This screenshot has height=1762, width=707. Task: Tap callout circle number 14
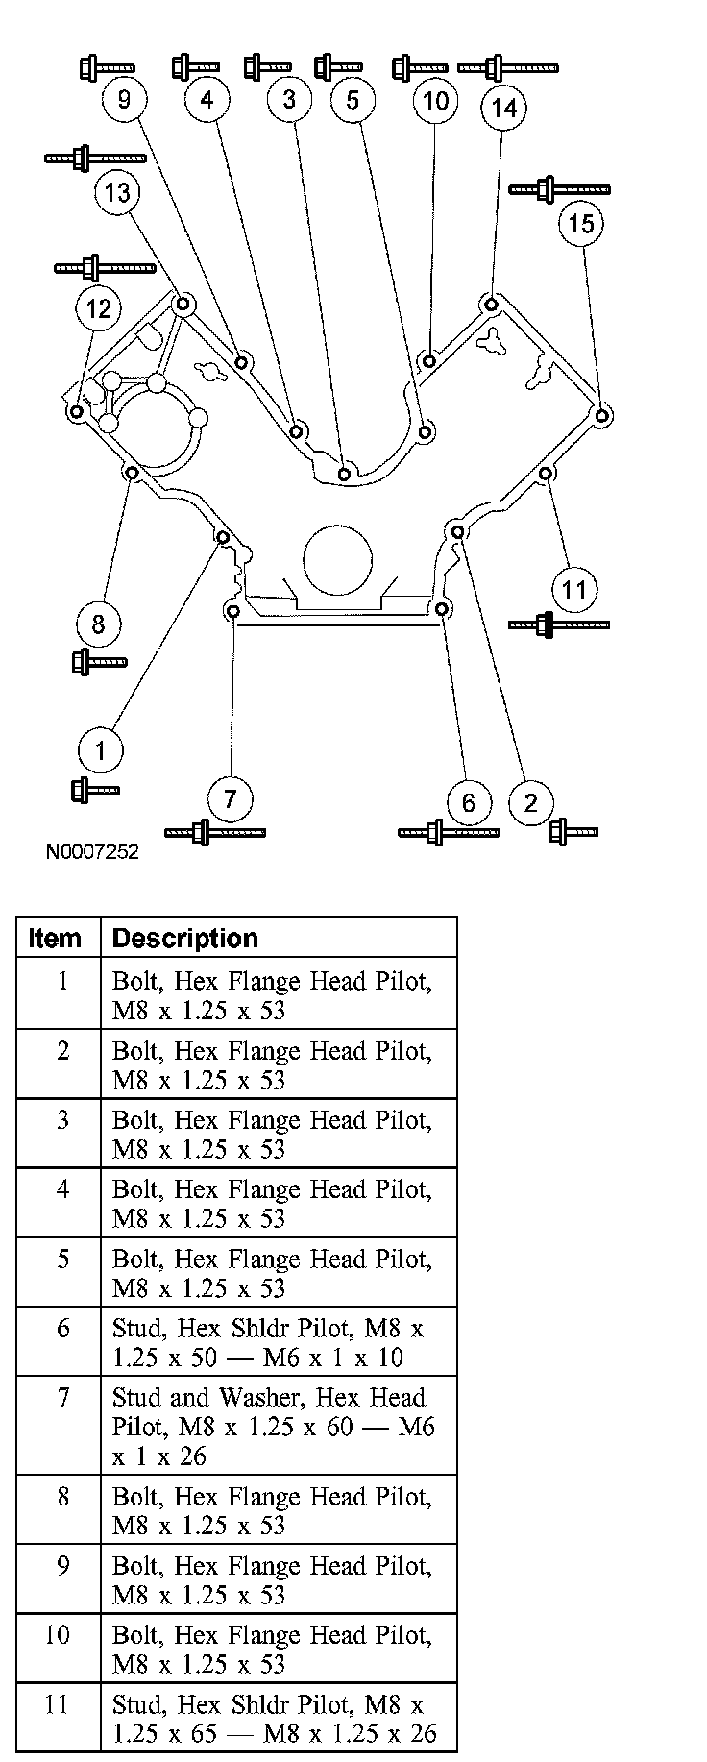tap(503, 108)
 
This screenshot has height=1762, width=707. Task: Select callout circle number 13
tap(117, 192)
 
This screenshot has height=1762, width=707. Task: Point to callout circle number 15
tap(581, 224)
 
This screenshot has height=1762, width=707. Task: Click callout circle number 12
tap(98, 308)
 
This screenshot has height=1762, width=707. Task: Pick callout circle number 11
tap(573, 588)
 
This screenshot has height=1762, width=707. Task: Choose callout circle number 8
tap(98, 624)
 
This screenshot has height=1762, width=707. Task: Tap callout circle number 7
tap(230, 798)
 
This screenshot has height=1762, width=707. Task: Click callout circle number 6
tap(469, 802)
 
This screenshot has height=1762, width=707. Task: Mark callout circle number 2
tap(531, 802)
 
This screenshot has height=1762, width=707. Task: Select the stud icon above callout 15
tap(559, 188)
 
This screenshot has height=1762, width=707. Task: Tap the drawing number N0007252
tap(91, 852)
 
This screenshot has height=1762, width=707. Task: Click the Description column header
tap(185, 939)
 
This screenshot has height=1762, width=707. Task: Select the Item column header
tap(56, 939)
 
